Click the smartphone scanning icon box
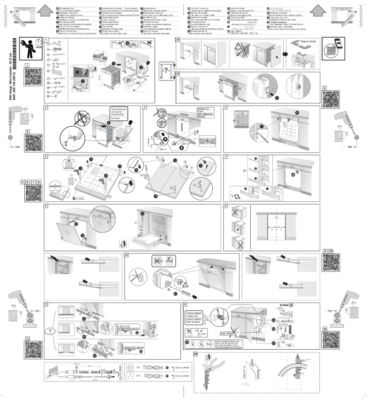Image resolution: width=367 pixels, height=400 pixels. coord(334,49)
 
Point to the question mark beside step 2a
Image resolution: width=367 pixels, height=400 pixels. coord(167,71)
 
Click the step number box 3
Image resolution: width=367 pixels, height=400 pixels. coord(46,107)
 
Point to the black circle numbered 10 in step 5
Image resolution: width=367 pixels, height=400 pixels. coord(296,113)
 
